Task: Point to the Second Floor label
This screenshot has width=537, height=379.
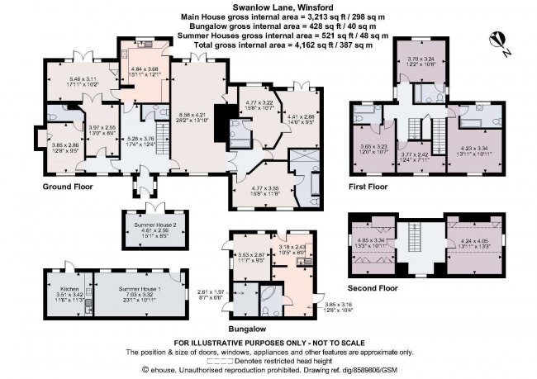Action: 373,288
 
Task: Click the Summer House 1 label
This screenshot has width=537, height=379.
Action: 138,287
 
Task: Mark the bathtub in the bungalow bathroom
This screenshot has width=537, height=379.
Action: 271,298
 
